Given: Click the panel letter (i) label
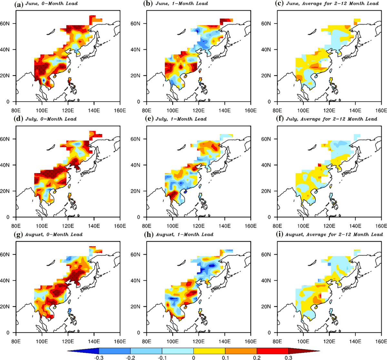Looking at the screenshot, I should (280, 235).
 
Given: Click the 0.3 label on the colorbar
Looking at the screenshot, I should (288, 357).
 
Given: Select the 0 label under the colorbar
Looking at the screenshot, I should (193, 357).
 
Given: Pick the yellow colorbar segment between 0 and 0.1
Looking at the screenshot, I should (209, 351).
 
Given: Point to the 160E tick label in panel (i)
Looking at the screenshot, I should (381, 341).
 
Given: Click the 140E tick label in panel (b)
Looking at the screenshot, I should (224, 110).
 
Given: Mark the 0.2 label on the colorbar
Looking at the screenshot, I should (257, 357).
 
